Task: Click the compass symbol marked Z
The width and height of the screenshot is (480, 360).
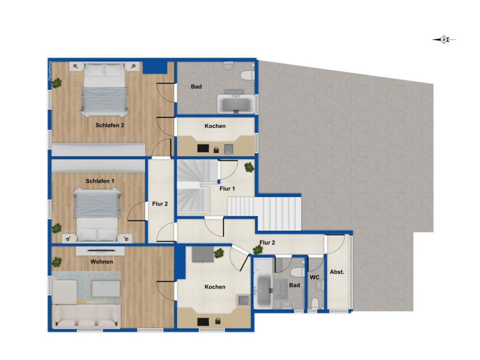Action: click(x=444, y=40)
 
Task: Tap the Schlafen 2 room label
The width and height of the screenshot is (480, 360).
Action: click(x=109, y=125)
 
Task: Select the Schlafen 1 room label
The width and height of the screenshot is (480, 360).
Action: click(x=100, y=181)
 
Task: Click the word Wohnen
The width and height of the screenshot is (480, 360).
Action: click(x=102, y=262)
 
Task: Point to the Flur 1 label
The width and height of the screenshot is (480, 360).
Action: click(x=227, y=188)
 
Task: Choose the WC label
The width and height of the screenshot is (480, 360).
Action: click(x=315, y=277)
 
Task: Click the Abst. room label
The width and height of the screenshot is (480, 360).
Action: click(x=337, y=272)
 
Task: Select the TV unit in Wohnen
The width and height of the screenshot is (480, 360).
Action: click(x=100, y=251)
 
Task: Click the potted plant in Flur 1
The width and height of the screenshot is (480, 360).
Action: click(x=249, y=167)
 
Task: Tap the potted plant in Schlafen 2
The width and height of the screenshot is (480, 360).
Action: click(x=57, y=83)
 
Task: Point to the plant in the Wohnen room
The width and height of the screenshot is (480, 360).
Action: click(x=57, y=262)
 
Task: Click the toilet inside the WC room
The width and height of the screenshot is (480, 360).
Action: click(x=315, y=302)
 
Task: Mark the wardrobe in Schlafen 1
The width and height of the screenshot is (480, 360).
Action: click(x=98, y=166)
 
